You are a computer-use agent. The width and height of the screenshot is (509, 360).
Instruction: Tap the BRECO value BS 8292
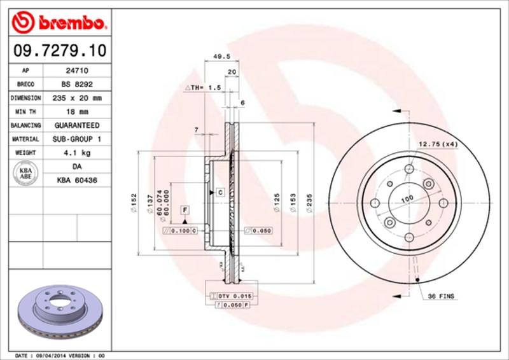(77, 85)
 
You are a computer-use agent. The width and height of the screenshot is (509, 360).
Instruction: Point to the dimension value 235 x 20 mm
(77, 99)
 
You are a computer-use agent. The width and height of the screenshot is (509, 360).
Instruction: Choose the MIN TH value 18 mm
(77, 112)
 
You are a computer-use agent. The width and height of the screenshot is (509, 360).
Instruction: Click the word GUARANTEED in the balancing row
(77, 126)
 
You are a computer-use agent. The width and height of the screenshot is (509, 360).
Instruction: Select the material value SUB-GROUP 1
(77, 139)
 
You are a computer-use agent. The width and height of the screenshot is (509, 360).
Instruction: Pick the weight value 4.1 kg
(77, 153)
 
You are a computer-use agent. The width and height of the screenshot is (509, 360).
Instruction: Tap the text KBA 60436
(77, 181)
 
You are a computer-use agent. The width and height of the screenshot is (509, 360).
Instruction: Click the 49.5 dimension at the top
(221, 56)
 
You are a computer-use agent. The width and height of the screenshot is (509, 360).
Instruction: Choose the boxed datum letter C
(220, 191)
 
